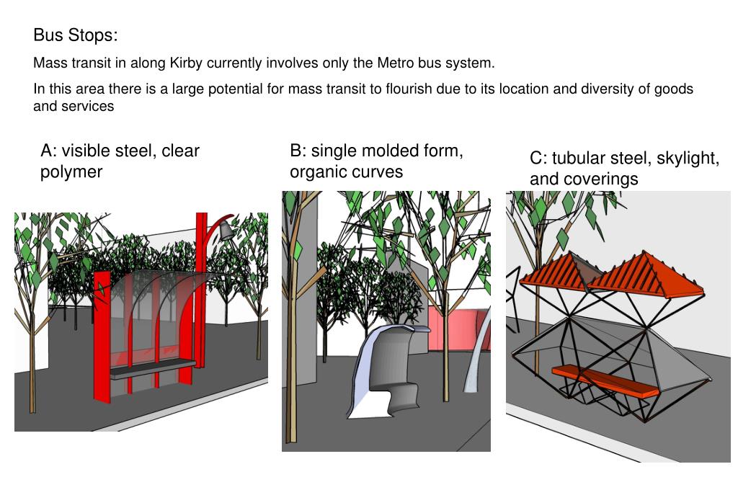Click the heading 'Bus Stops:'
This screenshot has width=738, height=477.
click(x=75, y=35)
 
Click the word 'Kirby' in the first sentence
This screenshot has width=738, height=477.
click(x=186, y=63)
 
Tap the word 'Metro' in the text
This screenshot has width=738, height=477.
click(x=395, y=63)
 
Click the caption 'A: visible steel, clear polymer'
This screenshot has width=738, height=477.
click(x=120, y=161)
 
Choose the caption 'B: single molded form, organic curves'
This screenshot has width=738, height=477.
click(x=376, y=161)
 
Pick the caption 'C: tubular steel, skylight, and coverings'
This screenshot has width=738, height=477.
click(x=624, y=168)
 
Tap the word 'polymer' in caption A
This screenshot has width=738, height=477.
click(x=71, y=171)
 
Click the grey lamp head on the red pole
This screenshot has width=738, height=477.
click(x=226, y=231)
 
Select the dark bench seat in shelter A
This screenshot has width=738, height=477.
click(x=153, y=368)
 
